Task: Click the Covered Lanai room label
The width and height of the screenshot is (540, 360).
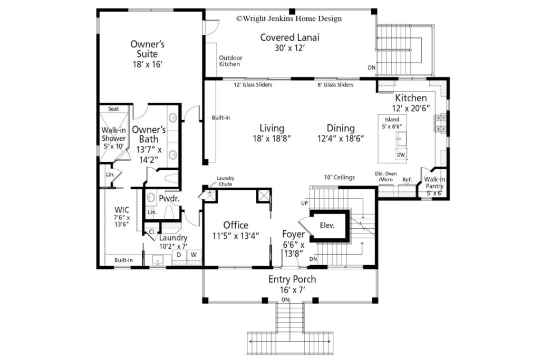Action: (x=290, y=37)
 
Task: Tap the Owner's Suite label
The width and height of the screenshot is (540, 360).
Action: (x=148, y=49)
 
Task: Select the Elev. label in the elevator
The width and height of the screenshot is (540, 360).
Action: (x=327, y=226)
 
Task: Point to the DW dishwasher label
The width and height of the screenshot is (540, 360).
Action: (x=401, y=155)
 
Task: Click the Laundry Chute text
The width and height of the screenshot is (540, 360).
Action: (x=225, y=181)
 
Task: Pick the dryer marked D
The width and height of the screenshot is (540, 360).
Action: (x=179, y=255)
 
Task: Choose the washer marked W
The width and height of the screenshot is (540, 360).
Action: (x=194, y=255)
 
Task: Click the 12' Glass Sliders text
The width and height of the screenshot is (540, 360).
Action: (x=253, y=85)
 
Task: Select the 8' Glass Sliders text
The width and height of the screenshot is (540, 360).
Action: (x=335, y=85)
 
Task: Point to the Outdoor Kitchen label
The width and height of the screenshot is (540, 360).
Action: (x=231, y=61)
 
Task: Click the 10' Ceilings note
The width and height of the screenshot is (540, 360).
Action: (x=340, y=177)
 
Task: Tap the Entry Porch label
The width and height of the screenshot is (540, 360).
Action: (x=292, y=279)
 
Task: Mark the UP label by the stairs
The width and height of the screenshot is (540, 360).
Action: (x=304, y=203)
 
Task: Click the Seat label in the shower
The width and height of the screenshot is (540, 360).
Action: (x=114, y=109)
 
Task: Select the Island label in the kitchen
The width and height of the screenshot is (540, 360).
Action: (x=392, y=120)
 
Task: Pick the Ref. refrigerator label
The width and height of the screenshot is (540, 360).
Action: (x=407, y=180)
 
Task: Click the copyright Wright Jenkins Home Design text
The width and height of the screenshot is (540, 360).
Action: (x=289, y=18)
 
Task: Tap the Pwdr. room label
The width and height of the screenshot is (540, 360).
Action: (x=169, y=199)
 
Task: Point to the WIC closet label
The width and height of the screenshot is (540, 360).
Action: (x=122, y=210)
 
